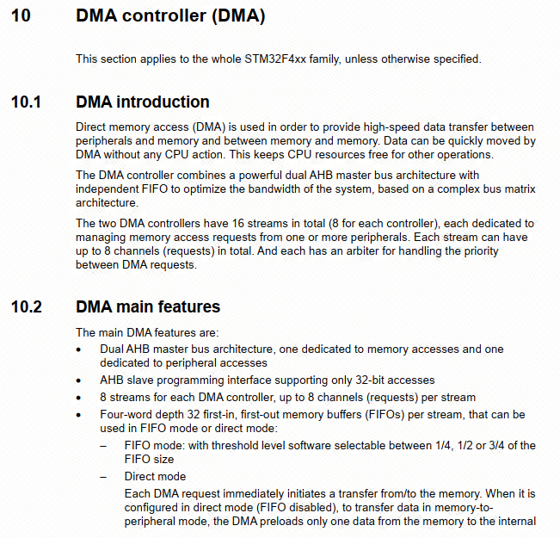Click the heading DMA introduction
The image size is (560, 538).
tap(143, 102)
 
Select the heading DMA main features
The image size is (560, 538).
tap(148, 307)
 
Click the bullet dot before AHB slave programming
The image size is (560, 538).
tap(79, 380)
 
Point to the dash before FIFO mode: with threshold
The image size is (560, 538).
tap(104, 446)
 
